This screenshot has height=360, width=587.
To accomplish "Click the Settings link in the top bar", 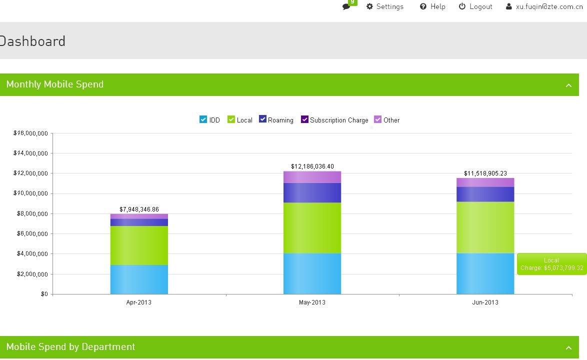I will click(385, 6).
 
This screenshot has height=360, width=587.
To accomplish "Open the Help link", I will click(432, 6).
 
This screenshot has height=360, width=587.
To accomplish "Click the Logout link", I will click(475, 6).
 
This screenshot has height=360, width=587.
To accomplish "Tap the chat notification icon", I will click(346, 6).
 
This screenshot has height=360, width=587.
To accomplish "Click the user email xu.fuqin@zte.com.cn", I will click(546, 6).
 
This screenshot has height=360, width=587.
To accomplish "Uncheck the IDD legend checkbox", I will click(203, 119).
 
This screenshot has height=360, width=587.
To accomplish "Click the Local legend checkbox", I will click(231, 119).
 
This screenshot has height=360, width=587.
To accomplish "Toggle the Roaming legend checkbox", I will click(262, 119).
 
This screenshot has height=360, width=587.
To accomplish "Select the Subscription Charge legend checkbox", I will click(304, 119).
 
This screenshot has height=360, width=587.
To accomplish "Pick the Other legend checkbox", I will click(378, 119).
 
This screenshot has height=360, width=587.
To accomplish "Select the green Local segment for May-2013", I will click(312, 227).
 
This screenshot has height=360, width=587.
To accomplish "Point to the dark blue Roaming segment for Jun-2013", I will click(485, 194).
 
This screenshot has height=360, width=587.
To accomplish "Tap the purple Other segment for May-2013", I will click(312, 177).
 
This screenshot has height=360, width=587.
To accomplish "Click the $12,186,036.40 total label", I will click(312, 166).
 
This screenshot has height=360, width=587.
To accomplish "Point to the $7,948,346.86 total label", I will click(139, 209).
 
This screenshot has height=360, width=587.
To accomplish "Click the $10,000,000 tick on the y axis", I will click(30, 193).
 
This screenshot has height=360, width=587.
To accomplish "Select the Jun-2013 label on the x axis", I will click(485, 302).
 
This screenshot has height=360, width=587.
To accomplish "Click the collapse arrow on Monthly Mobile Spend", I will click(568, 85).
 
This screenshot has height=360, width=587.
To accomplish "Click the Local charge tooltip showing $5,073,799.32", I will click(551, 264).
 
